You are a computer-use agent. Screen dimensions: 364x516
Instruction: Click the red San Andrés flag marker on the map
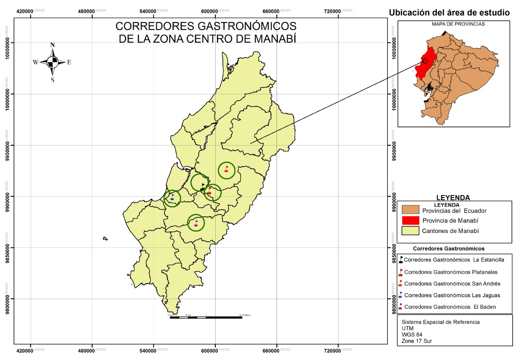click(227, 169)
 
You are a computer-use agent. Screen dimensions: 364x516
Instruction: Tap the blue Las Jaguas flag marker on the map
click(173, 197)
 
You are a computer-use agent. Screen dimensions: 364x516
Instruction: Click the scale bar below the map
click(206, 317)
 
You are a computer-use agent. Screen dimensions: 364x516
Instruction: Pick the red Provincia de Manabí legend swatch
click(411, 220)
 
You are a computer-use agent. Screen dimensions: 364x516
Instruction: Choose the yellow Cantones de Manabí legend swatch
click(411, 231)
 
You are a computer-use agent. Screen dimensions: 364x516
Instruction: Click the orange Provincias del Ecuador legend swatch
click(411, 210)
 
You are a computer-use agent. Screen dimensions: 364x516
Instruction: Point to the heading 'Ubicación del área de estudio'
click(451, 13)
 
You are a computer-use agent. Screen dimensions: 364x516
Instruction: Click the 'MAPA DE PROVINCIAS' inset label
click(458, 24)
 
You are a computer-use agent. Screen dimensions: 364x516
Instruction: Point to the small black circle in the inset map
click(425, 61)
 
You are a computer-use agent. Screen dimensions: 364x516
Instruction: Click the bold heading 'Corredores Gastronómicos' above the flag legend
click(449, 248)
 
